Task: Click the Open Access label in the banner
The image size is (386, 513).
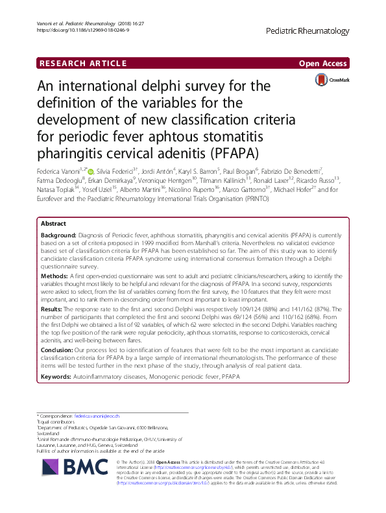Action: point(322,63)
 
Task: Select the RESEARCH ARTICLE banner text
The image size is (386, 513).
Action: point(81,63)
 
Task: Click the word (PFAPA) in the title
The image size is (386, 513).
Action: point(234,153)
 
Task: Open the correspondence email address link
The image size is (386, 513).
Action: point(97,415)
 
